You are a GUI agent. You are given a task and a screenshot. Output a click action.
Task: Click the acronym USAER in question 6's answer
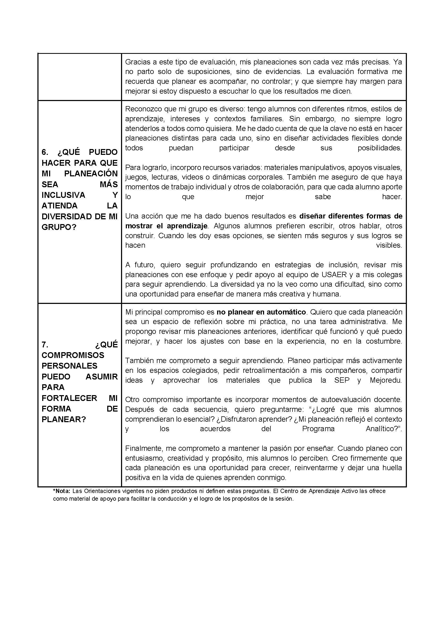coord(334,275)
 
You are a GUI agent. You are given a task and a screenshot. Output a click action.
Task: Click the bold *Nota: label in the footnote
coord(62,491)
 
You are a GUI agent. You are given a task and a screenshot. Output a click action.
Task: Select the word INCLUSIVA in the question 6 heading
coord(63,195)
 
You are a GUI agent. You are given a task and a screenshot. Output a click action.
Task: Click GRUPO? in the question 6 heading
coord(59,227)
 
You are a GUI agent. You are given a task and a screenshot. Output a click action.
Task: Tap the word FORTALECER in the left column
coord(69,398)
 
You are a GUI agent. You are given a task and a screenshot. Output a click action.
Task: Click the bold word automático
coord(286,312)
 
